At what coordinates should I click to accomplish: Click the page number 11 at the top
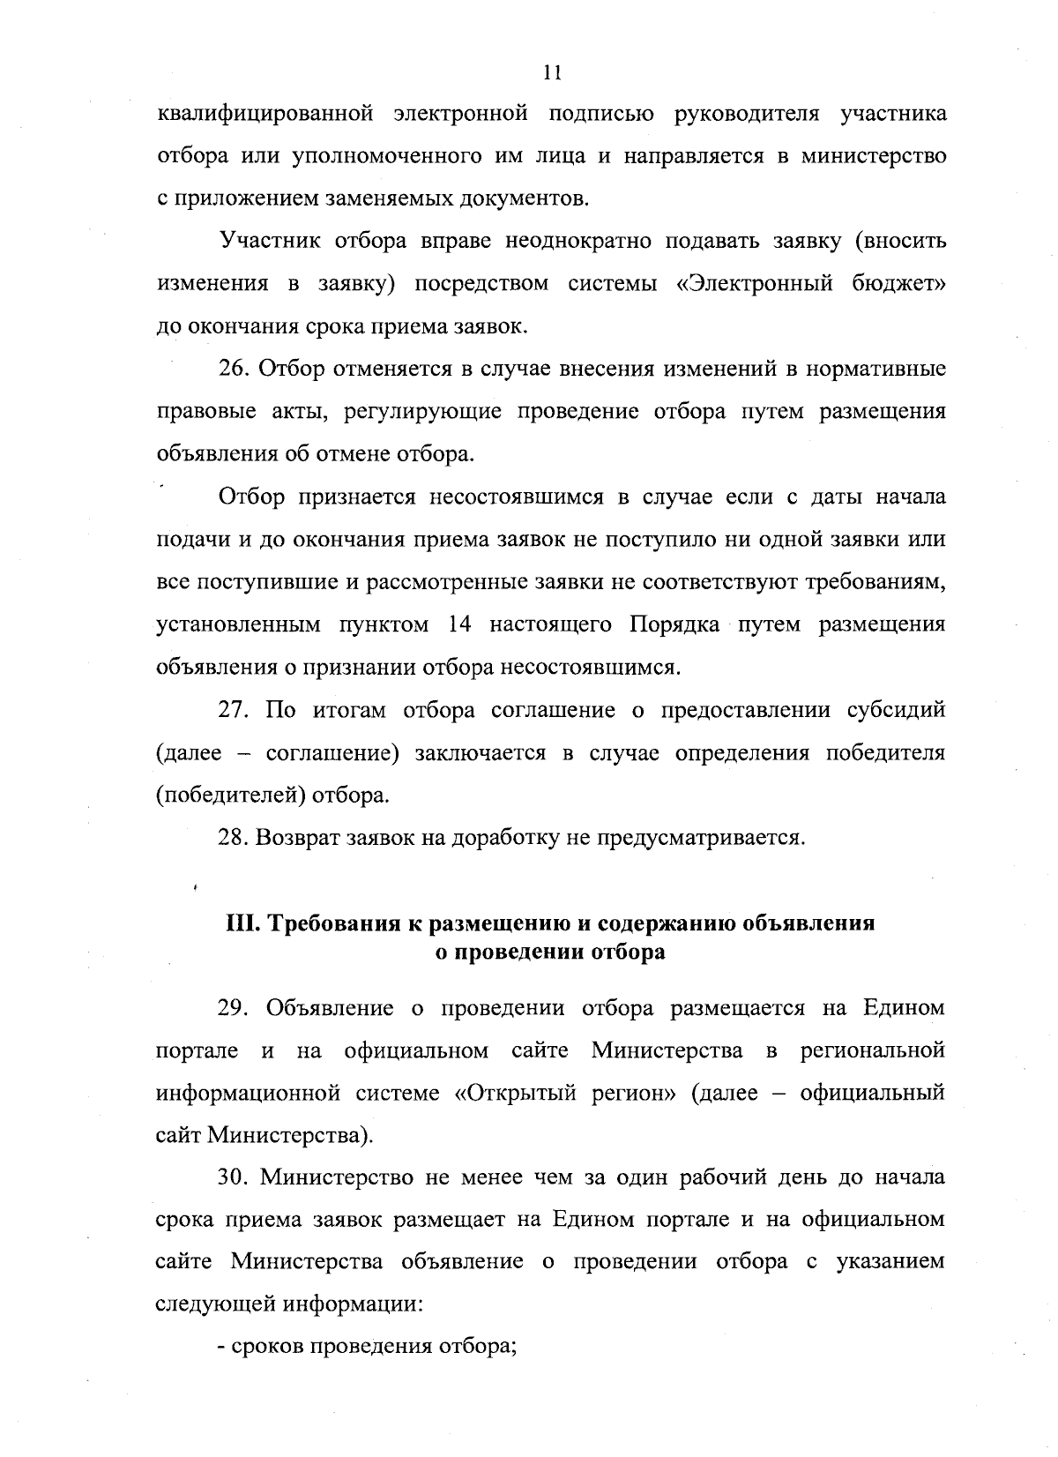point(553,73)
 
